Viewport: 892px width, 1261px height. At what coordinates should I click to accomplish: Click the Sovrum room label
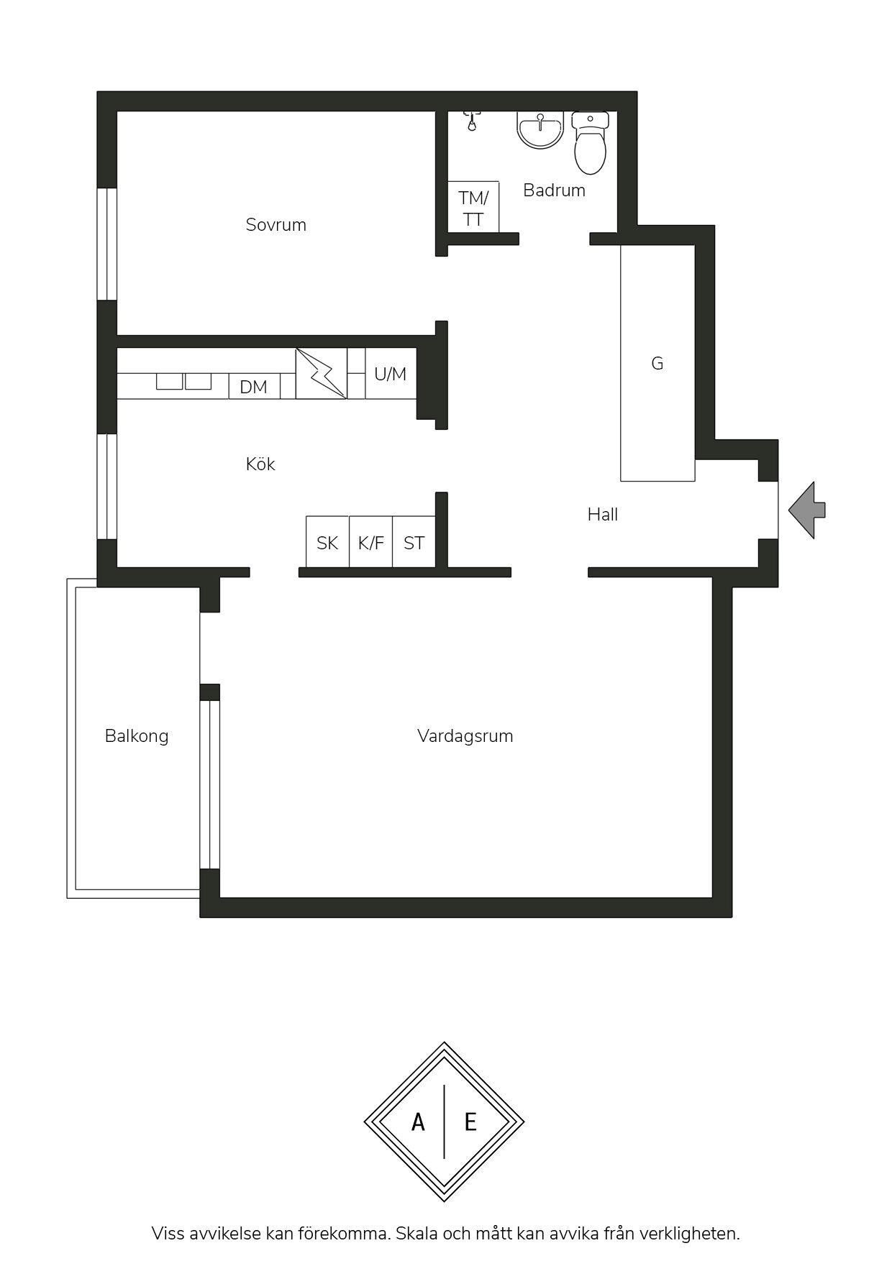click(x=276, y=225)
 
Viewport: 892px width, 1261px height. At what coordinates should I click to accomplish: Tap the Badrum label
click(x=554, y=191)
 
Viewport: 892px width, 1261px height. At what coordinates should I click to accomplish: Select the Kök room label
click(x=260, y=464)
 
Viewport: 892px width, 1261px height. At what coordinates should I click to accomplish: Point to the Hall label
click(x=603, y=514)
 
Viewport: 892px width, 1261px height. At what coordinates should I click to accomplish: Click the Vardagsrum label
click(x=465, y=736)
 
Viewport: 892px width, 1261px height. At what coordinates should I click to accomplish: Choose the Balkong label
click(x=137, y=736)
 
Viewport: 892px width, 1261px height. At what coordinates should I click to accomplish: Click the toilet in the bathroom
click(x=591, y=143)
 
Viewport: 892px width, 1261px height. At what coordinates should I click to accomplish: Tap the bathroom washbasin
click(x=540, y=130)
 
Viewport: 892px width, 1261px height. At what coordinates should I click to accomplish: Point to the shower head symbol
click(x=471, y=120)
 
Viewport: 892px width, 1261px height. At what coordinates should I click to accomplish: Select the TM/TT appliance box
click(x=473, y=207)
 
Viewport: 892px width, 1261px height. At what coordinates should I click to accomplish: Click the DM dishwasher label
click(x=253, y=387)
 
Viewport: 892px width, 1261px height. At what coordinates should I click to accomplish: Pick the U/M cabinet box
click(x=391, y=373)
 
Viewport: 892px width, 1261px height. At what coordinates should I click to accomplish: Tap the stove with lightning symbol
click(x=321, y=373)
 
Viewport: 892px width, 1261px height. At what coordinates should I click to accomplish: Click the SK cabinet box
click(x=327, y=542)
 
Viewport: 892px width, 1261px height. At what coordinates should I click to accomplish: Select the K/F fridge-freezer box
click(x=371, y=542)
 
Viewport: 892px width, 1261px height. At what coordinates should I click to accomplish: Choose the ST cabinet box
click(x=414, y=542)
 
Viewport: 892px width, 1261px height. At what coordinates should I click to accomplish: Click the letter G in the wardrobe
click(x=657, y=364)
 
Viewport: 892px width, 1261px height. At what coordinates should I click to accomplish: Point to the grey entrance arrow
click(x=806, y=510)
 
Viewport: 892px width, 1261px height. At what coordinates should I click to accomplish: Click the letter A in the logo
click(x=418, y=1122)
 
